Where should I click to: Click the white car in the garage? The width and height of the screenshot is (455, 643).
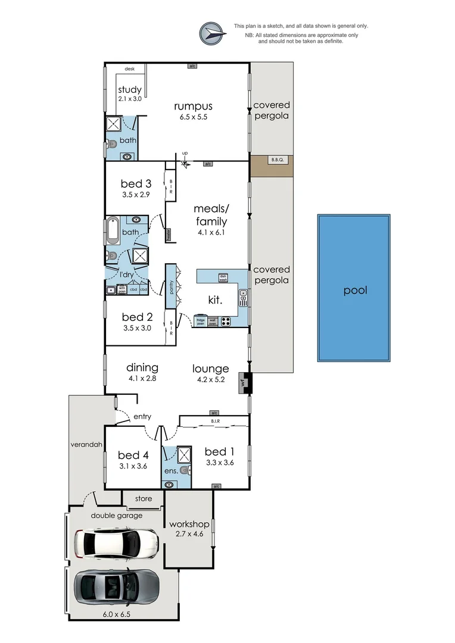pyautogui.click(x=116, y=543)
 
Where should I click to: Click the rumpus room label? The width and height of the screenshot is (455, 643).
pyautogui.click(x=193, y=107)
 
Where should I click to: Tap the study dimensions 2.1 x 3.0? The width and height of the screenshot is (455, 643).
pyautogui.click(x=130, y=99)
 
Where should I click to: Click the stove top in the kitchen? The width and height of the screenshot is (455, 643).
pyautogui.click(x=227, y=321)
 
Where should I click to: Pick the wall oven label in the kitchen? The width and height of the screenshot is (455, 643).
pyautogui.click(x=213, y=321)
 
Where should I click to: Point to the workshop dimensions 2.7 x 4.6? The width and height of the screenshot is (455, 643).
pyautogui.click(x=189, y=534)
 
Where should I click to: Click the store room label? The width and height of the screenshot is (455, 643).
pyautogui.click(x=143, y=498)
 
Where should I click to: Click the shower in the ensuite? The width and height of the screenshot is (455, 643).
pyautogui.click(x=185, y=455)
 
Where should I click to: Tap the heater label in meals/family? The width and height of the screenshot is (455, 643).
pyautogui.click(x=169, y=234)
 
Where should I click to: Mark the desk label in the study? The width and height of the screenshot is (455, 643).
pyautogui.click(x=129, y=69)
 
